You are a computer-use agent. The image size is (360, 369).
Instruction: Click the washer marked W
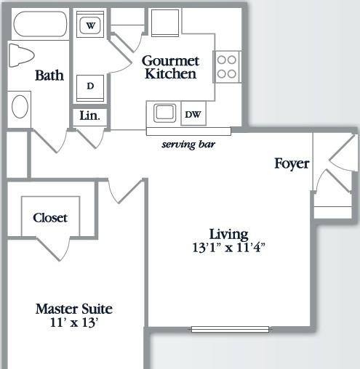pos(90,24)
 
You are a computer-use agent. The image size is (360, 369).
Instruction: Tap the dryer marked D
pos(90,88)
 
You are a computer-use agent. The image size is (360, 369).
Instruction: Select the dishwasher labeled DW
pos(193,113)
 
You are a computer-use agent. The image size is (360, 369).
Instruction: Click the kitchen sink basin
pos(165,113)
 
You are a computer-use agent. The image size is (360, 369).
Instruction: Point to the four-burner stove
pos(227,67)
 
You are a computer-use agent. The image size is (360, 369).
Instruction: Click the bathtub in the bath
pos(40,24)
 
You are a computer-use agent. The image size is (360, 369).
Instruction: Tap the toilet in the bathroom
pos(21,55)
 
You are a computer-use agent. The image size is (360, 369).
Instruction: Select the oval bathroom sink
pos(20,107)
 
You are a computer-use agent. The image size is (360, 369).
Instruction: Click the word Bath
pos(49,76)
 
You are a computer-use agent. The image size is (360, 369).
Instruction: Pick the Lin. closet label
pos(89,115)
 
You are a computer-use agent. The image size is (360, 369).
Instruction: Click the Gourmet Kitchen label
pos(170,68)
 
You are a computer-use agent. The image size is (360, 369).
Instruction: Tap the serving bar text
pos(188,145)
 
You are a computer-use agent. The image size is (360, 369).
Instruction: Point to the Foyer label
pos(292,164)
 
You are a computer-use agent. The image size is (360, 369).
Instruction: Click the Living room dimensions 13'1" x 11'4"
pos(228,248)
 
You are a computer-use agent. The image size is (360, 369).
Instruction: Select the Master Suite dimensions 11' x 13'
pos(74,323)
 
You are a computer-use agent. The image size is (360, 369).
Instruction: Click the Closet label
pos(50,218)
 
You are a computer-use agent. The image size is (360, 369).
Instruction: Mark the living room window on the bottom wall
pos(230,329)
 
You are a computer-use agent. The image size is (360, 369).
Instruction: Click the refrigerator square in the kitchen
pos(165,23)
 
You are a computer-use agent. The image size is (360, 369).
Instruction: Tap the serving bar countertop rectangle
pos(188,131)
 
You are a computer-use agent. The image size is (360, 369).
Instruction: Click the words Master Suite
pos(74,309)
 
